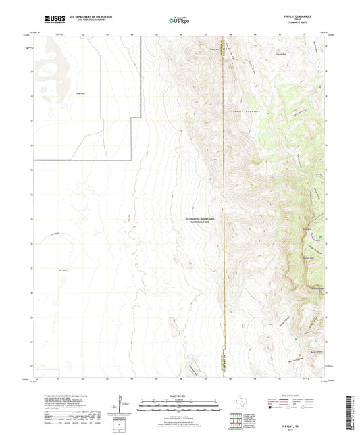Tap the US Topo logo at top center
pyautogui.click(x=178, y=20)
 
